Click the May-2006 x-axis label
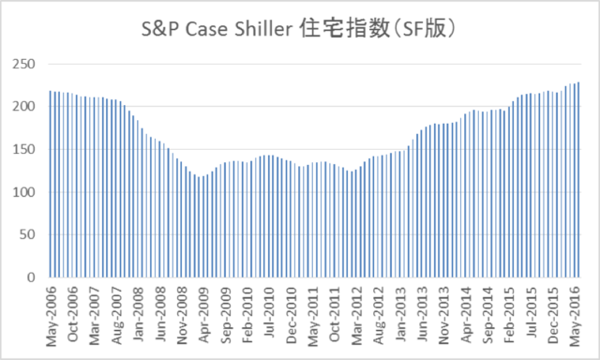tap(52, 314)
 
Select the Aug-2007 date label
tap(118, 314)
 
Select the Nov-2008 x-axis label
tap(185, 314)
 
